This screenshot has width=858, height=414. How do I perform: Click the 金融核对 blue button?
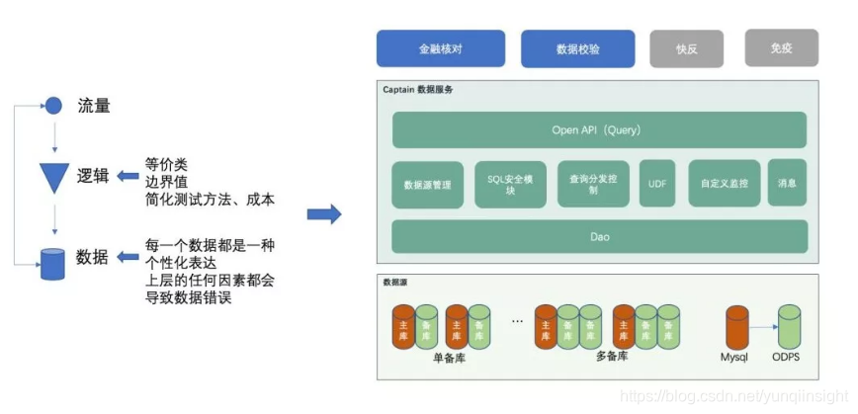pyautogui.click(x=441, y=47)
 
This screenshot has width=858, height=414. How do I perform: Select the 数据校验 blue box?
pyautogui.click(x=577, y=47)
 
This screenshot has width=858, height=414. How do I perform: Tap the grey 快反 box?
pyautogui.click(x=686, y=47)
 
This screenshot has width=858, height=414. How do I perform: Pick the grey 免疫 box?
pyautogui.click(x=781, y=46)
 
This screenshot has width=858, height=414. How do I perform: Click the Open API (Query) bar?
pyautogui.click(x=599, y=130)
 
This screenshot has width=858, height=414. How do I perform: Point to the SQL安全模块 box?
pyautogui.click(x=510, y=184)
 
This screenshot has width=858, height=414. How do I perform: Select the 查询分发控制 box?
pyautogui.click(x=593, y=184)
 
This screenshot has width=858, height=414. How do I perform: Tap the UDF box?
pyautogui.click(x=657, y=184)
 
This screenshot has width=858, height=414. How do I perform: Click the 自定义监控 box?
pyautogui.click(x=725, y=184)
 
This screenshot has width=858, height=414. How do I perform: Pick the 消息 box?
pyautogui.click(x=787, y=183)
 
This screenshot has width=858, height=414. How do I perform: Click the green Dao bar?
pyautogui.click(x=599, y=237)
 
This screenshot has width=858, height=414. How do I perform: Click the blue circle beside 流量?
pyautogui.click(x=53, y=105)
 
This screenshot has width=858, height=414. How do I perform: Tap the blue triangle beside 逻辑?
pyautogui.click(x=53, y=177)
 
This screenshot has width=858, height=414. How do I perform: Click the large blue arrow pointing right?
pyautogui.click(x=324, y=213)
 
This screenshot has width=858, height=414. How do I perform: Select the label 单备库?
pyautogui.click(x=449, y=359)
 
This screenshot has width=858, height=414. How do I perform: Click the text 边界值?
pyautogui.click(x=166, y=181)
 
